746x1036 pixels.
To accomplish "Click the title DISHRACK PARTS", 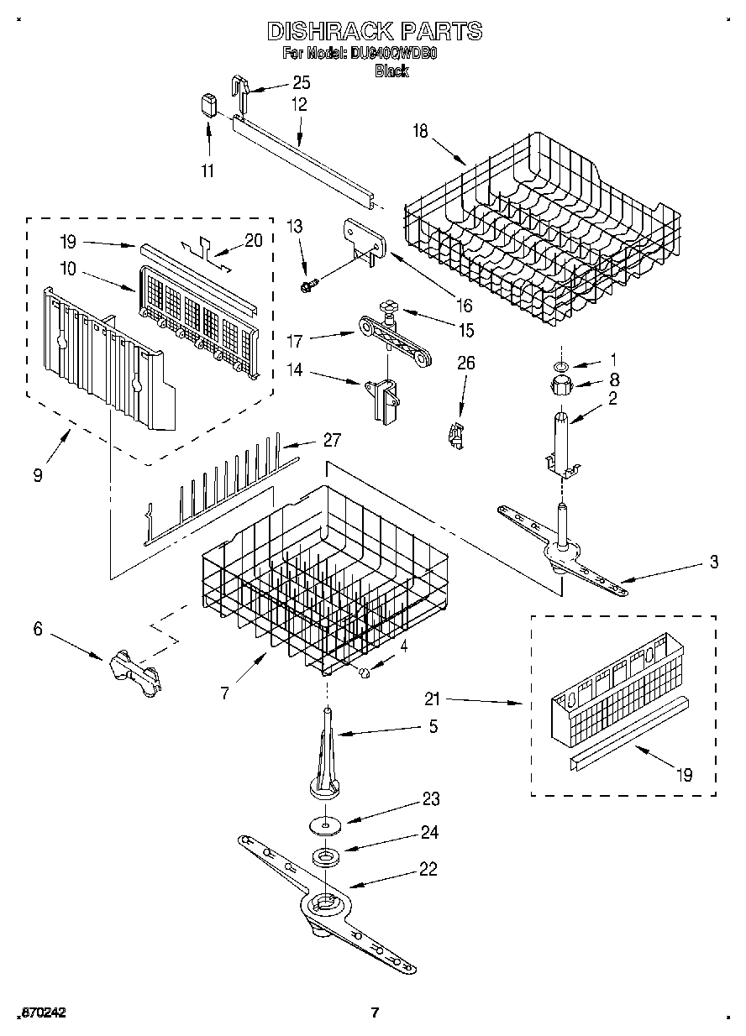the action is (x=374, y=32).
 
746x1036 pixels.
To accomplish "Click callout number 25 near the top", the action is (x=301, y=82).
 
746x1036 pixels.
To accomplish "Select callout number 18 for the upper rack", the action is (x=420, y=130).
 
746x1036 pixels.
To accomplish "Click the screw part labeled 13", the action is (x=307, y=286).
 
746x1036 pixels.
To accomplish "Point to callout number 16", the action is (x=464, y=306).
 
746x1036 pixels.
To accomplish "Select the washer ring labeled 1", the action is (x=560, y=366).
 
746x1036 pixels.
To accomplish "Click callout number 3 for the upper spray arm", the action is (x=713, y=563).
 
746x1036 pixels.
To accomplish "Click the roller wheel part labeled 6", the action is (x=133, y=671).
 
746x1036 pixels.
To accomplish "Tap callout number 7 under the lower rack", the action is (x=224, y=693).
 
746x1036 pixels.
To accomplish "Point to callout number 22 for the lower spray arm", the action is (x=428, y=870).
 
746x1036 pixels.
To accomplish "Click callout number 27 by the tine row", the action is (x=332, y=441).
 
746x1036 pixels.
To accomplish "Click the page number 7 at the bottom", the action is (x=375, y=1012).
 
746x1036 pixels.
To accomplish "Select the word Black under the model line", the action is (x=391, y=71).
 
